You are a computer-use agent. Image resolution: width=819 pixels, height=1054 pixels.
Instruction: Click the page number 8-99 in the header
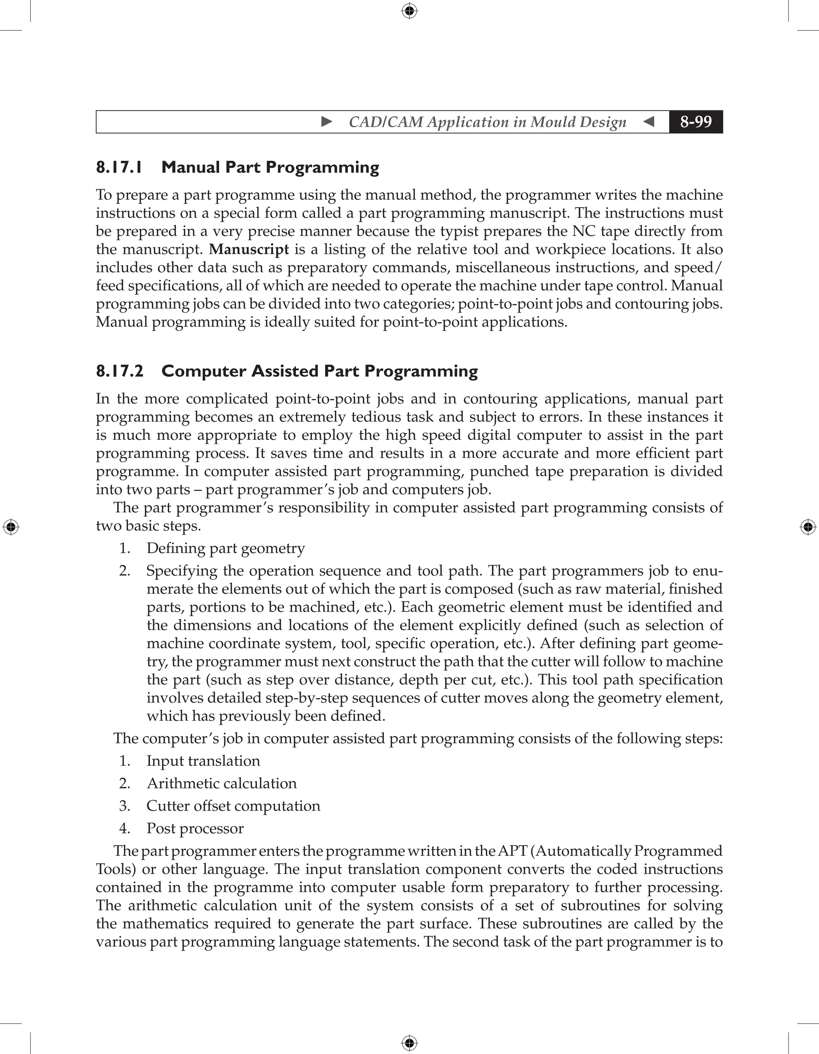point(695,122)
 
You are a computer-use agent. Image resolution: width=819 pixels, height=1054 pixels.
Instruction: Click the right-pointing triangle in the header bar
point(327,122)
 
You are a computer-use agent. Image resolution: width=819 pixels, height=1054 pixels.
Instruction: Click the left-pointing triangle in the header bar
point(649,122)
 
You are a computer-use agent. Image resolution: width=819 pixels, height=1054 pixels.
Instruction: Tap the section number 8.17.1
point(119,168)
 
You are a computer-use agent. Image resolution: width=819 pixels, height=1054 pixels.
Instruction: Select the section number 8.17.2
point(120,371)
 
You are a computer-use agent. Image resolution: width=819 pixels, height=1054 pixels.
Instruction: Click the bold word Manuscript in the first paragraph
point(249,250)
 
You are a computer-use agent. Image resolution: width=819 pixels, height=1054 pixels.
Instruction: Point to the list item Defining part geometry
point(226,548)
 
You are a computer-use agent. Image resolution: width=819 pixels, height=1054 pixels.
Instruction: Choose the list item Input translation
point(203,761)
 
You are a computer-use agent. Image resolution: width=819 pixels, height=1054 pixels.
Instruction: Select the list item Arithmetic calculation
point(222,783)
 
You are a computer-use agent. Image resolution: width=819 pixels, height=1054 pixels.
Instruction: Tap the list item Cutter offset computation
point(233,806)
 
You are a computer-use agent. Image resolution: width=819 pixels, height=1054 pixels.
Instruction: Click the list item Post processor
point(195,828)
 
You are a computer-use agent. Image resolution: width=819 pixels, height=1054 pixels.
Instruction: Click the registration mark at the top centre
point(409,11)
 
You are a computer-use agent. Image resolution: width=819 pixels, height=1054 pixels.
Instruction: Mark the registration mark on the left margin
point(11,527)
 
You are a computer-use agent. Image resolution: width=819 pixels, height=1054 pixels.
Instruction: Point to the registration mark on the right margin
point(808,527)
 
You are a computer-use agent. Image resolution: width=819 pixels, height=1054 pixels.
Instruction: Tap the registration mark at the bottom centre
point(409,1043)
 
